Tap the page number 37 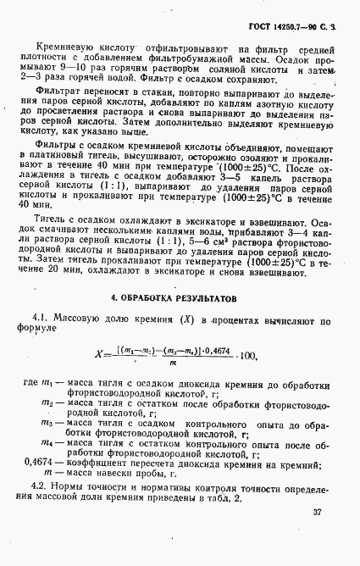317,512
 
